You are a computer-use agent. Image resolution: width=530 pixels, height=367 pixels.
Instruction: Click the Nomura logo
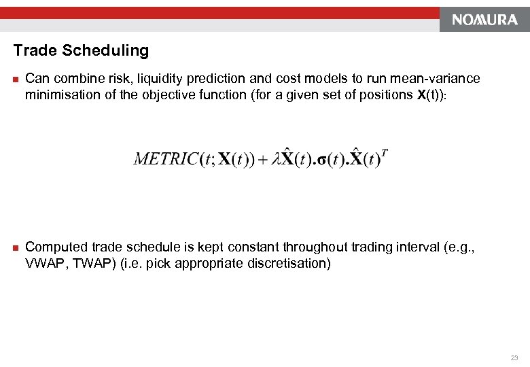click(x=484, y=20)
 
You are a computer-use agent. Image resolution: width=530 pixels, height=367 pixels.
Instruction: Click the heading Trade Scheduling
click(x=81, y=51)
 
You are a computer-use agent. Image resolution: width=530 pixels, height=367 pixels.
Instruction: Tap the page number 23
click(x=514, y=357)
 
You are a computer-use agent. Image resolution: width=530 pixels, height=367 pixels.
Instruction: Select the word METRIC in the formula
click(x=166, y=160)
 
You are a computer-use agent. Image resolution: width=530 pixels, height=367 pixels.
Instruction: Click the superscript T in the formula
click(x=385, y=152)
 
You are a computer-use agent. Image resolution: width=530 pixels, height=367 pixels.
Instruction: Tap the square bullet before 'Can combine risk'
click(x=16, y=80)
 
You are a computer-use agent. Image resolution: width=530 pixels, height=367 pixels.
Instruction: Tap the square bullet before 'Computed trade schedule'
click(x=16, y=247)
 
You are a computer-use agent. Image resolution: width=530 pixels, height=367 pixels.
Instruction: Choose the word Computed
click(x=55, y=247)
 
